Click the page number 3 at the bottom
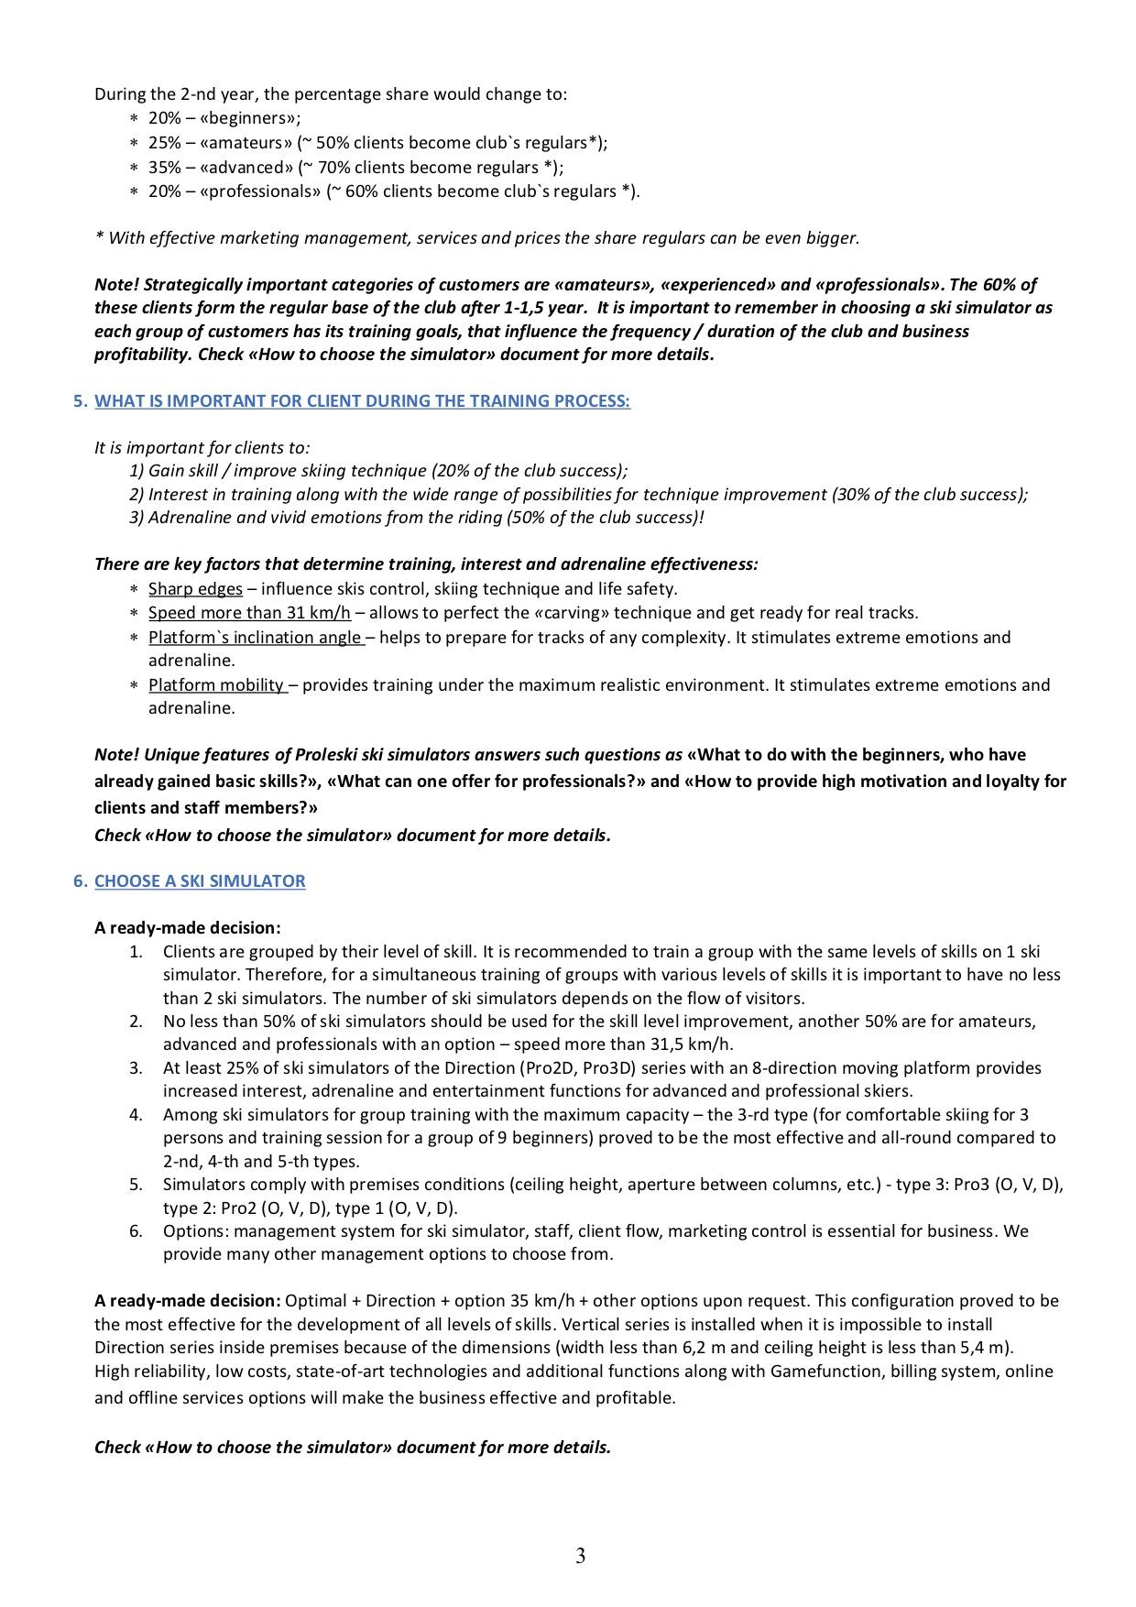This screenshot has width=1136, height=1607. pos(580,1555)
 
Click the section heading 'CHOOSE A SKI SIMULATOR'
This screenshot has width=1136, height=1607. pos(200,880)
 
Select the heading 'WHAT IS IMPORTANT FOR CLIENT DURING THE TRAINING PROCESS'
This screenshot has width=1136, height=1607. pos(362,400)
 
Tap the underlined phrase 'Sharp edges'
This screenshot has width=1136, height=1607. pos(195,588)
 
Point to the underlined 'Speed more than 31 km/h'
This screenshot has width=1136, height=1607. pos(249,612)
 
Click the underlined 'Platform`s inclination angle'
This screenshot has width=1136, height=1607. pos(256,637)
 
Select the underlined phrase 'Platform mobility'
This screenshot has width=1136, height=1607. pos(217,684)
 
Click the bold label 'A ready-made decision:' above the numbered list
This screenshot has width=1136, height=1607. pos(187,927)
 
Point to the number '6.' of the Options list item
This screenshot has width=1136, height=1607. pos(136,1230)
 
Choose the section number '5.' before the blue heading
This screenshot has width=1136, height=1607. pos(81,400)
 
